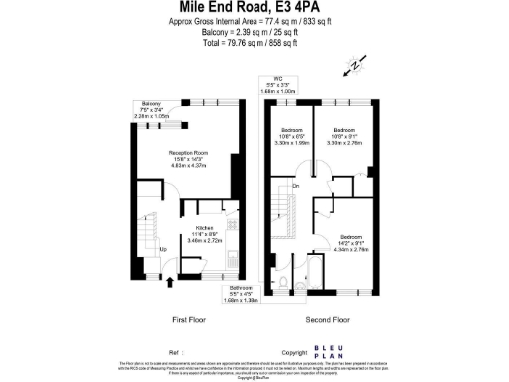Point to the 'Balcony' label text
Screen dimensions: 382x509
151,103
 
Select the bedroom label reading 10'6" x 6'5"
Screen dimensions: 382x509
292,135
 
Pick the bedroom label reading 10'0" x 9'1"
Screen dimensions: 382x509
344,135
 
